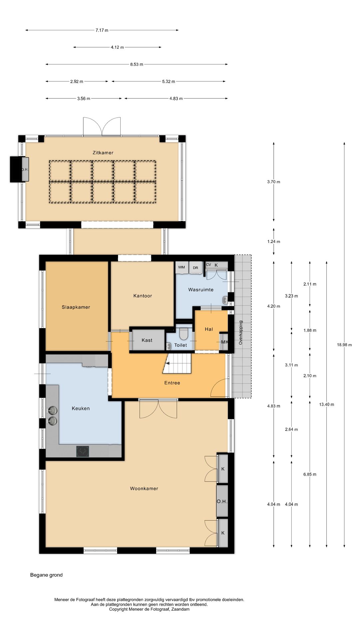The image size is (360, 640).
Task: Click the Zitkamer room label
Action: pos(103,153)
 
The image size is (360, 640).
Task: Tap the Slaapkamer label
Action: pos(76,307)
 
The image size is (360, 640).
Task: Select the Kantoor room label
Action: pos(143,296)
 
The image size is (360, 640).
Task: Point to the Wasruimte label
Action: pos(201,290)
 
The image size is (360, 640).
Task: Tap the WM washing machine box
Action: pos(182,267)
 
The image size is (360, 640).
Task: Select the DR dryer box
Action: pos(196,267)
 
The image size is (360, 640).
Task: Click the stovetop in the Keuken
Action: pos(83,451)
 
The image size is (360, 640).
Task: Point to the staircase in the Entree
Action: pos(177,363)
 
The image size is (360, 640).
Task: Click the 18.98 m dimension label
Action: pos(344,345)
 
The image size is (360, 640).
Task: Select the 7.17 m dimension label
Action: pos(102,30)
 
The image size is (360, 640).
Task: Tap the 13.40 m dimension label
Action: pos(327,404)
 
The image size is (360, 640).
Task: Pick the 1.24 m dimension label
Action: pos(274,242)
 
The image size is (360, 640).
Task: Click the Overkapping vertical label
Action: pos(241,333)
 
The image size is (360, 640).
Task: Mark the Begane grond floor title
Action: pos(46,575)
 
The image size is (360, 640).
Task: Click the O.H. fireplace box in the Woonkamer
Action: pos(222,501)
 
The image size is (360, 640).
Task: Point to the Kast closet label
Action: pos(147,340)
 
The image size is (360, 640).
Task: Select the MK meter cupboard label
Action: pos(225,342)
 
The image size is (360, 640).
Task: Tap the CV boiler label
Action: pos(209,265)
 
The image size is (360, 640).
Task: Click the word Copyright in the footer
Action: pos(118,609)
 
